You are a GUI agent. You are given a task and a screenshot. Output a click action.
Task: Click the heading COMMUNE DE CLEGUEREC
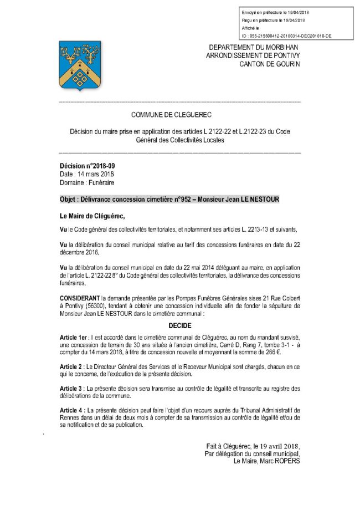click(179, 114)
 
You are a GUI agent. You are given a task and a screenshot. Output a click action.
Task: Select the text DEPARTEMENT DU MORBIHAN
click(254, 48)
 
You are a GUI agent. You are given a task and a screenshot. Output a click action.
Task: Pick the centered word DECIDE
click(179, 327)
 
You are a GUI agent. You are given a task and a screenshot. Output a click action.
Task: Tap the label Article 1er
click(74, 338)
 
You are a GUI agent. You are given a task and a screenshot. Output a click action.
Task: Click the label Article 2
click(71, 367)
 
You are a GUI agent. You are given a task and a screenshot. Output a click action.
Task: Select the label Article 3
click(71, 389)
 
